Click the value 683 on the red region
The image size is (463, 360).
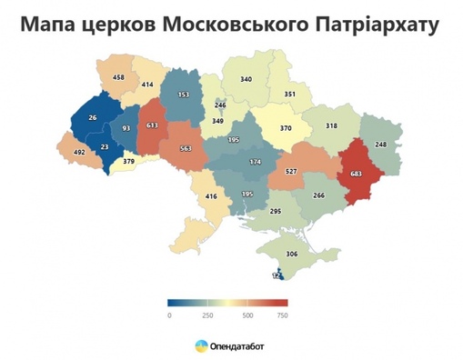tap(356, 174)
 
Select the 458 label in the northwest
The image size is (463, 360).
tap(117, 78)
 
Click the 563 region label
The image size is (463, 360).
tap(186, 150)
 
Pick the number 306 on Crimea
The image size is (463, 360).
tap(293, 255)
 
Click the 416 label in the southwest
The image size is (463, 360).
tap(211, 195)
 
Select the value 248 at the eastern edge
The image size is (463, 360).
tap(380, 144)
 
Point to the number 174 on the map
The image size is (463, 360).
tap(256, 161)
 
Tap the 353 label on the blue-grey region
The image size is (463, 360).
tap(184, 95)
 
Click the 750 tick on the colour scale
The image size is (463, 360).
tap(282, 315)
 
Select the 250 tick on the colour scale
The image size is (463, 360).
tap(207, 315)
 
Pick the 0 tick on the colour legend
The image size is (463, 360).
tap(169, 315)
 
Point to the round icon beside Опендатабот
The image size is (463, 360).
tap(200, 345)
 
